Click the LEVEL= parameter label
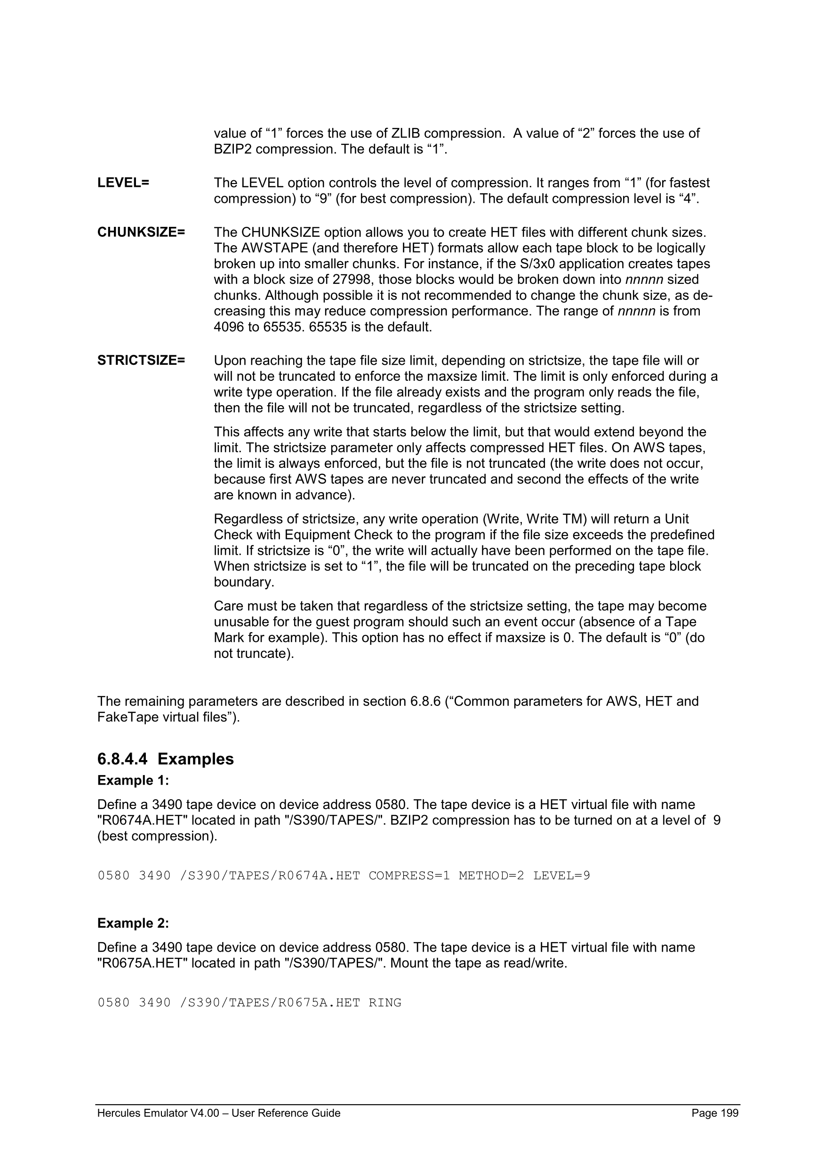pyautogui.click(x=123, y=183)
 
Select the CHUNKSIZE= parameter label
pyautogui.click(x=141, y=232)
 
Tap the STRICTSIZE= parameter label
pyautogui.click(x=141, y=361)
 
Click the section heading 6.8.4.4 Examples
pyautogui.click(x=165, y=759)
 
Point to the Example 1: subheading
pyautogui.click(x=133, y=781)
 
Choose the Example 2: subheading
pyautogui.click(x=133, y=923)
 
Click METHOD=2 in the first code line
pyautogui.click(x=491, y=875)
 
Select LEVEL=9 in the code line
pyautogui.click(x=561, y=875)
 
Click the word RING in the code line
pyautogui.click(x=385, y=1003)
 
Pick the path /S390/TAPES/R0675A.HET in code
pyautogui.click(x=269, y=1003)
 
